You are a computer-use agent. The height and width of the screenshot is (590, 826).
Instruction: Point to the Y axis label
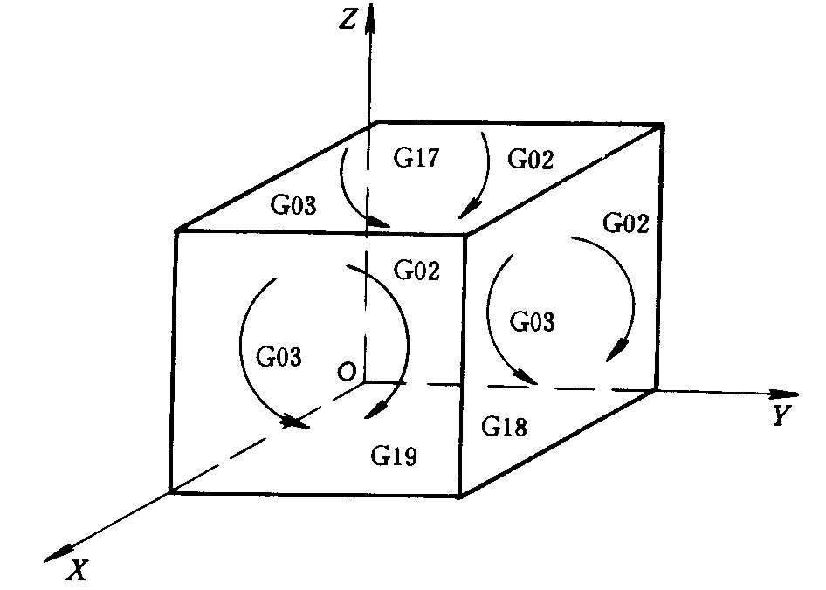[x=781, y=417]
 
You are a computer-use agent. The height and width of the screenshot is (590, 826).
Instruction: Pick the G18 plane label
[x=505, y=428]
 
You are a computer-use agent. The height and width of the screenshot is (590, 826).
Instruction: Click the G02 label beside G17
[x=531, y=161]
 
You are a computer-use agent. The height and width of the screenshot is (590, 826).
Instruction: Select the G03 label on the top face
[x=292, y=206]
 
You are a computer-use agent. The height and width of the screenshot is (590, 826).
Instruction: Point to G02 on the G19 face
[x=417, y=270]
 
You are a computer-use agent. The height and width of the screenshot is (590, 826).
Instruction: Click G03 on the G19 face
[x=279, y=356]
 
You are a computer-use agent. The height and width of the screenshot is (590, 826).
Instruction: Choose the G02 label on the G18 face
[x=626, y=223]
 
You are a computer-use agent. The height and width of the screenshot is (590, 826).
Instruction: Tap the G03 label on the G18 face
[x=532, y=321]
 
